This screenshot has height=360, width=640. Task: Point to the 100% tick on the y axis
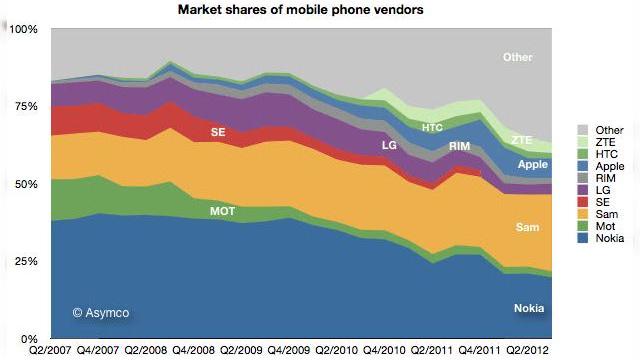pos(23,30)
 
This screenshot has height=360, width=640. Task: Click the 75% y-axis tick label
pos(26,107)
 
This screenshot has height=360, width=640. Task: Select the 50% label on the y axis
pos(26,185)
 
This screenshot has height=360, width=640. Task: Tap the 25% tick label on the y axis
pos(26,262)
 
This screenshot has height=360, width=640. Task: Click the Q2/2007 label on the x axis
pos(49,350)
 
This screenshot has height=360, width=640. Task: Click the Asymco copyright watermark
pos(100,313)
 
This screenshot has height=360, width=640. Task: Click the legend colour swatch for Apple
pos(582,165)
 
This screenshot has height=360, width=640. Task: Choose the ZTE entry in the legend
pos(603,141)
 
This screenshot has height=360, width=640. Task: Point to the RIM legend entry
pos(603,177)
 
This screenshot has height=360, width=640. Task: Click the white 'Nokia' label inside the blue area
pos(529,308)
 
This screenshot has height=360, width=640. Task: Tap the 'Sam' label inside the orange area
pos(527,227)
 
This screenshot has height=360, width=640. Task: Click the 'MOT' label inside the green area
pos(223,211)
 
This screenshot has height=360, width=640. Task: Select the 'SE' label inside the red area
pos(218,132)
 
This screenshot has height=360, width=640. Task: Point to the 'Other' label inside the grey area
pos(517,58)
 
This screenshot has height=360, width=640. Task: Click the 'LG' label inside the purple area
pos(390,145)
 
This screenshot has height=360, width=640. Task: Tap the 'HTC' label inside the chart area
pos(432,128)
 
